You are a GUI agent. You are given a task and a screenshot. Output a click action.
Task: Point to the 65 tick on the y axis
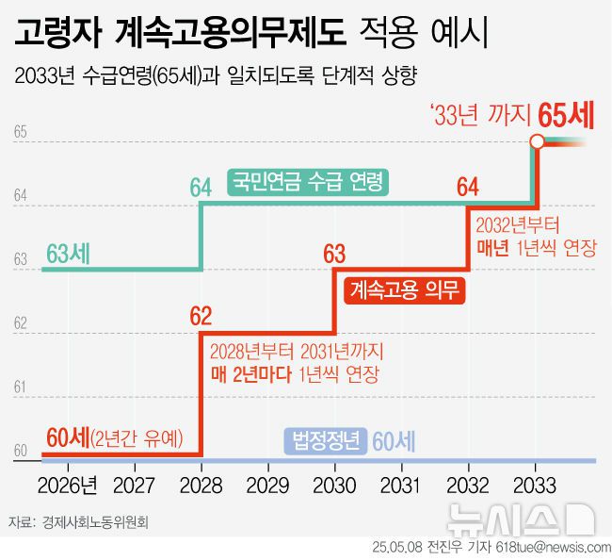pyautogui.click(x=20, y=132)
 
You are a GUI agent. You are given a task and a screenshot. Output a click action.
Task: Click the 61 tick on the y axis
pyautogui.click(x=20, y=387)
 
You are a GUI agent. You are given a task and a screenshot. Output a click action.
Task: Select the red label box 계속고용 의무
pyautogui.click(x=405, y=290)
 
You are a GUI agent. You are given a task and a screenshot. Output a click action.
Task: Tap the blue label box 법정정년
pyautogui.click(x=326, y=441)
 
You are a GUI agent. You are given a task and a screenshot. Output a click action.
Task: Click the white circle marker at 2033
pyautogui.click(x=536, y=142)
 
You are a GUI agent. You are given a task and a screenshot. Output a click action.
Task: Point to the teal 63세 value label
pyautogui.click(x=68, y=253)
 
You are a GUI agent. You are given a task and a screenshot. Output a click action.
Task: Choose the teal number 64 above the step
pyautogui.click(x=201, y=188)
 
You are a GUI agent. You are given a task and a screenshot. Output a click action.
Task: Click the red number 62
pyautogui.click(x=201, y=316)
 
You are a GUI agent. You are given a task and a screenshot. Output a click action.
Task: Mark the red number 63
pyautogui.click(x=334, y=253)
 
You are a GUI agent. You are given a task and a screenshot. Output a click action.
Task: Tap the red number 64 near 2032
pyautogui.click(x=468, y=188)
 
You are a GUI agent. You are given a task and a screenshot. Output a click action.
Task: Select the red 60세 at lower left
pyautogui.click(x=67, y=437)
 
